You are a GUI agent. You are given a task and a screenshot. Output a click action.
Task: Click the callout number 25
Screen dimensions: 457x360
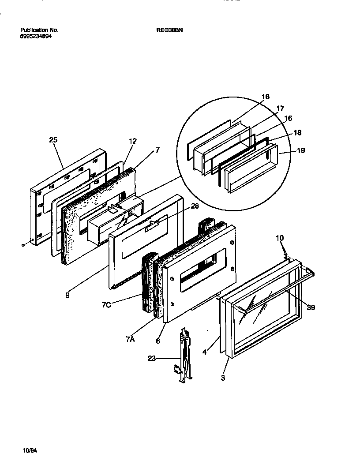pos(53,140)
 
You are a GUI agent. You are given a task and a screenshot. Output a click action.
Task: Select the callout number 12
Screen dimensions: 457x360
pos(133,141)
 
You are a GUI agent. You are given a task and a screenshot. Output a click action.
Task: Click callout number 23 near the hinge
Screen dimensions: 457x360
pos(152,359)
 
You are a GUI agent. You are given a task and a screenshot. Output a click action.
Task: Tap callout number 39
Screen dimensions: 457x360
pos(311,307)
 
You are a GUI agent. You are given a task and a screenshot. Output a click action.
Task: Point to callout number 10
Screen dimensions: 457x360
pos(280,239)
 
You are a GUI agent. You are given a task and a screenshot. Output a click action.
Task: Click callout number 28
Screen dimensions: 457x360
pos(195,206)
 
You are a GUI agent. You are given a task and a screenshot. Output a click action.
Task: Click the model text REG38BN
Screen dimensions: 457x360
pos(167,30)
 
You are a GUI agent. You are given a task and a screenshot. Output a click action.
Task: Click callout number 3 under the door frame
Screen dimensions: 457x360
pos(223,378)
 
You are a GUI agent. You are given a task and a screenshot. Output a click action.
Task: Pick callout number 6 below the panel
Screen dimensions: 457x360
pos(158,341)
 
